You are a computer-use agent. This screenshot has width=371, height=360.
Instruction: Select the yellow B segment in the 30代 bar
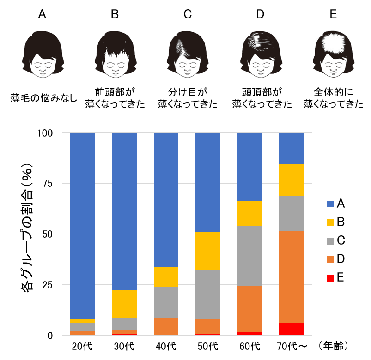point(125,304)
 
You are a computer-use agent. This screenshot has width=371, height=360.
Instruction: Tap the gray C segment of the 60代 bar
point(249,256)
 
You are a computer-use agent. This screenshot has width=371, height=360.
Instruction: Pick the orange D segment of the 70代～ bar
point(291,276)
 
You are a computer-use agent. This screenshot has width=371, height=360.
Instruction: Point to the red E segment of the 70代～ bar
point(291,329)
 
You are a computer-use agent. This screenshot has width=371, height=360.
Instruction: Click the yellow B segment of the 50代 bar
point(208,251)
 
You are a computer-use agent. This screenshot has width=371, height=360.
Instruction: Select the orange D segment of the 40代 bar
point(166,326)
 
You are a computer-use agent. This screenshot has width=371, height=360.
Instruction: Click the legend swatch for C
point(329,240)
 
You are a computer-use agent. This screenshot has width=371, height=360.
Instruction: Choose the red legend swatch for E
point(329,277)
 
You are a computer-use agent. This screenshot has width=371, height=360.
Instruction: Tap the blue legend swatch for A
point(329,204)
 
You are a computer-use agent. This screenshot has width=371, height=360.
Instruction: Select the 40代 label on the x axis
point(166,345)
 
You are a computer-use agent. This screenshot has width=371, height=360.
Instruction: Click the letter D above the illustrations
point(260,14)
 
